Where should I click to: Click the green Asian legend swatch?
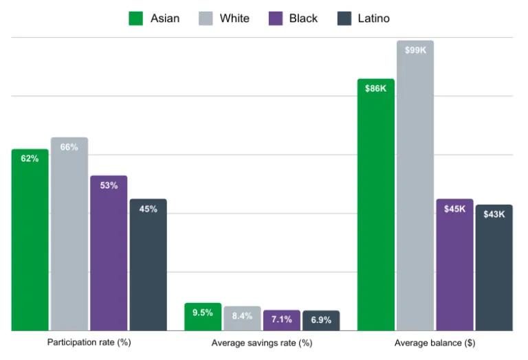[136, 19]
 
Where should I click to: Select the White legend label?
[234, 19]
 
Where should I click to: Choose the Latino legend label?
[373, 19]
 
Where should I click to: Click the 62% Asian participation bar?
[30, 240]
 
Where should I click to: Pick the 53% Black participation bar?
[109, 254]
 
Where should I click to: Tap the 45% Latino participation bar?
[148, 265]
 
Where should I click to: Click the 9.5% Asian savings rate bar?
[203, 317]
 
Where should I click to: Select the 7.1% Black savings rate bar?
[282, 320]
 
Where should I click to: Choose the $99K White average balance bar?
[415, 185]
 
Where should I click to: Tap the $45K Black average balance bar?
[454, 265]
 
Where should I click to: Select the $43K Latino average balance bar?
[494, 268]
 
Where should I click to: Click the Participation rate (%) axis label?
[89, 342]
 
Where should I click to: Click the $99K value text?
[415, 50]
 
